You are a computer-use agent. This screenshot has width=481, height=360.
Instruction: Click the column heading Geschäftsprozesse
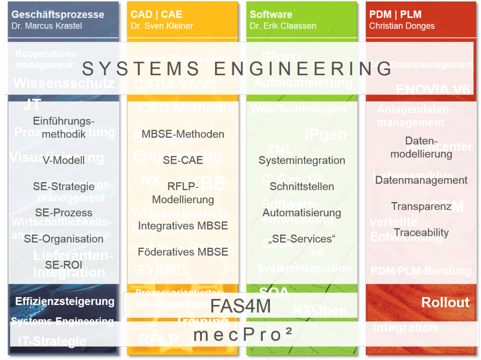click(x=58, y=15)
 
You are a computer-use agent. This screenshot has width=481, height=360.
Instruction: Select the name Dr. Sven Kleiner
click(x=162, y=26)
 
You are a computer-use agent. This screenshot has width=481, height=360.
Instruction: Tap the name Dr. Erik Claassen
click(x=282, y=26)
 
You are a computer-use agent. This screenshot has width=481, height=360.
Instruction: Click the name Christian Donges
click(x=402, y=26)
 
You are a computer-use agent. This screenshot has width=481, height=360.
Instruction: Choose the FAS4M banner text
click(x=240, y=306)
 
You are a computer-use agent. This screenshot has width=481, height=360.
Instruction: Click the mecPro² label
click(x=243, y=334)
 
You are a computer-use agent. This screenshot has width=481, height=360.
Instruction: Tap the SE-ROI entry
click(x=64, y=265)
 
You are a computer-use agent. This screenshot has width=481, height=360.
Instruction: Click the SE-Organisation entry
click(x=64, y=239)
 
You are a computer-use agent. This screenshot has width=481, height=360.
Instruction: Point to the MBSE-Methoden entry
click(x=183, y=134)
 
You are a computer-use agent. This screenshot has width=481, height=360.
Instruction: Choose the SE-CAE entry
click(x=183, y=160)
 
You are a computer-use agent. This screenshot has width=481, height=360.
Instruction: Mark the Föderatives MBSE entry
click(x=183, y=252)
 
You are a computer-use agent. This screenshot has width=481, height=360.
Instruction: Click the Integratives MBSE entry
click(x=183, y=226)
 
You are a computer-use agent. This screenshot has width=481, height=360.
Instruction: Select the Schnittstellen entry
click(x=302, y=187)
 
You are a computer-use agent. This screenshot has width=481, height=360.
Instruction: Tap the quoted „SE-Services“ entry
click(x=302, y=239)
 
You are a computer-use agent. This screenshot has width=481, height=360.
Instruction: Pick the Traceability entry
click(x=421, y=233)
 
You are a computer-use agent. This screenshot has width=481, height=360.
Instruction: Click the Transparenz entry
click(x=421, y=206)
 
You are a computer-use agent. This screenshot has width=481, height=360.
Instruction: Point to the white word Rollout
click(x=445, y=302)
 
